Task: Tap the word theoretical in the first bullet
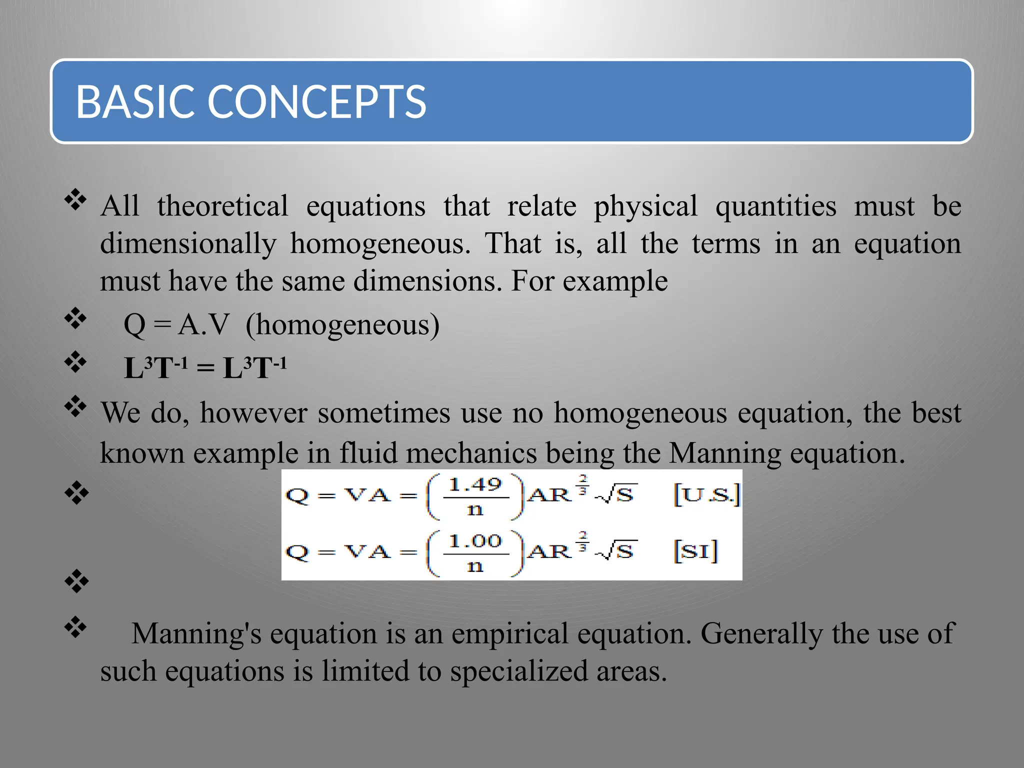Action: tap(222, 206)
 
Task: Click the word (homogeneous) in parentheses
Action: tap(342, 325)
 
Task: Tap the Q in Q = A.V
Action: tap(134, 325)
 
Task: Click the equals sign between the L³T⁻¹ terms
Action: tap(205, 369)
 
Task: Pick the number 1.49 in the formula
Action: tap(474, 484)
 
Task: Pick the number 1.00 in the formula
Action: tap(474, 541)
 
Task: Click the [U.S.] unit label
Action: tap(706, 494)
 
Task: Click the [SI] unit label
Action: tap(695, 551)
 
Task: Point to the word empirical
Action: tap(510, 634)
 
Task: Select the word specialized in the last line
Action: tap(518, 671)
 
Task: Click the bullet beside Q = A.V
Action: tap(75, 318)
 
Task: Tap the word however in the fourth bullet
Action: tap(253, 413)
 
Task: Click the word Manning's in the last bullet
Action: tap(196, 634)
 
